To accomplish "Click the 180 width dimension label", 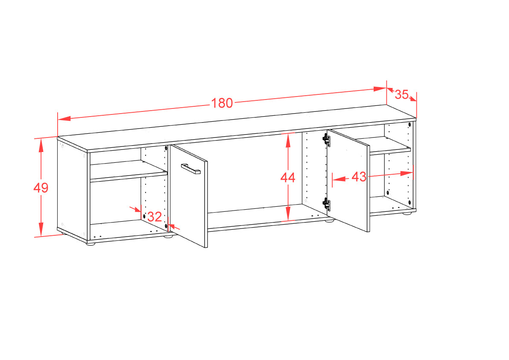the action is pyautogui.click(x=222, y=103).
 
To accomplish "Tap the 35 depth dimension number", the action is pyautogui.click(x=401, y=94).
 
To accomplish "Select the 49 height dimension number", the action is pyautogui.click(x=41, y=187).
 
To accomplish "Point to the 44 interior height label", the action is pyautogui.click(x=288, y=177).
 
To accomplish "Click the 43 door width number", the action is pyautogui.click(x=359, y=177).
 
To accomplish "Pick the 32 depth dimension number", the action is pyautogui.click(x=155, y=217).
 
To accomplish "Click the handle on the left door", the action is pyautogui.click(x=191, y=169).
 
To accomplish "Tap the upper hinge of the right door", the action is pyautogui.click(x=327, y=140).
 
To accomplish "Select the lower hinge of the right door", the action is pyautogui.click(x=327, y=204).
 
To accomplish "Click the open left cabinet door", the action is pyautogui.click(x=189, y=196).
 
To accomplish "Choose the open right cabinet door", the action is pyautogui.click(x=348, y=181).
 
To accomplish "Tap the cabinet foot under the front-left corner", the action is pyautogui.click(x=91, y=243).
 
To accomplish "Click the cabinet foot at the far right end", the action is pyautogui.click(x=407, y=213).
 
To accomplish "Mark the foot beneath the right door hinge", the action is pyautogui.click(x=330, y=221).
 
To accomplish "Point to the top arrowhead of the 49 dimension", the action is pyautogui.click(x=41, y=146).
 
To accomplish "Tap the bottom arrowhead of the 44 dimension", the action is pyautogui.click(x=288, y=214).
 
